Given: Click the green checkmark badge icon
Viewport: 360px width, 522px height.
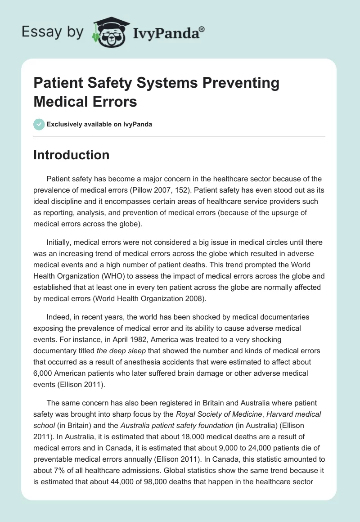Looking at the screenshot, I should pos(39,124).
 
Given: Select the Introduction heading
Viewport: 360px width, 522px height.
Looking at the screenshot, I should pos(72,155).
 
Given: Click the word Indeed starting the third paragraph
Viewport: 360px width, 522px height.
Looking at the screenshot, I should pos(58,317).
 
